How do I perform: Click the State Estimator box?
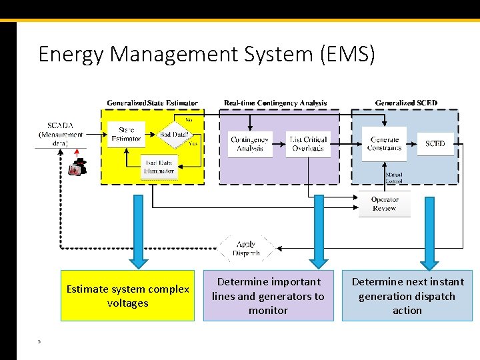(x=126, y=134)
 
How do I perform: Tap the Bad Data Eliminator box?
(x=159, y=167)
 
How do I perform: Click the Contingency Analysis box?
(x=250, y=143)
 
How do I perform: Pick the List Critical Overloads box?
(x=307, y=143)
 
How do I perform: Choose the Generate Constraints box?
(x=385, y=143)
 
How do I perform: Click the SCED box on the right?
(x=435, y=143)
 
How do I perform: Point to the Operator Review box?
(x=385, y=204)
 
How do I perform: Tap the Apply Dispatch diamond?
(x=246, y=249)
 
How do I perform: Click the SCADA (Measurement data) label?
(x=61, y=134)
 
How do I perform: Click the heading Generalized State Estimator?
(x=152, y=103)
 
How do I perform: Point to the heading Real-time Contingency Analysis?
(x=275, y=103)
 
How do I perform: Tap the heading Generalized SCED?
(x=406, y=103)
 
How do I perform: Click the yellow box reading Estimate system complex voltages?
(x=127, y=296)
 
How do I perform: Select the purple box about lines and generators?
(x=268, y=296)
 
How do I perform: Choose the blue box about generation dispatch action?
(x=407, y=296)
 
